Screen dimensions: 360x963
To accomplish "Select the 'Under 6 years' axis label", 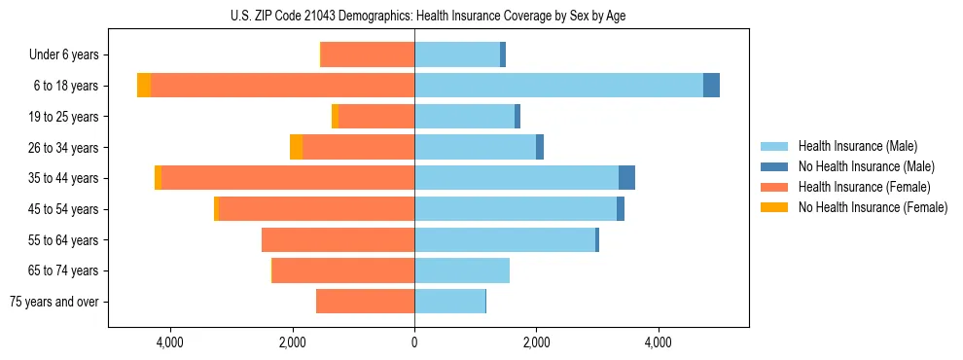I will coord(69,55).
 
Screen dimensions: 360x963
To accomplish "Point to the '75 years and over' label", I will coord(59,302).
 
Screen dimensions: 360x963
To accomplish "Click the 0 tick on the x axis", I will coord(414,342).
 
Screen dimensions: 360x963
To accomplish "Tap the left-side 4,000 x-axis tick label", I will coord(169,342).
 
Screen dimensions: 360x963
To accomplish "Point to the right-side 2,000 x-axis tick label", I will coord(536,342).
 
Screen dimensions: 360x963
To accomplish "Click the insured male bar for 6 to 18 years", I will coord(558,86).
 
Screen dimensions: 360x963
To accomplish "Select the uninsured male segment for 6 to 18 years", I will coord(711,86).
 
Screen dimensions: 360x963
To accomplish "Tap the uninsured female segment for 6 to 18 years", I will coord(144,86).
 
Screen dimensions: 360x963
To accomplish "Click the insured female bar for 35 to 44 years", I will coord(287,178).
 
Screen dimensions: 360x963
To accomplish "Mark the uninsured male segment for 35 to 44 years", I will coord(626,178).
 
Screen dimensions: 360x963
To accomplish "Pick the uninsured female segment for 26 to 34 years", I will coord(296,147).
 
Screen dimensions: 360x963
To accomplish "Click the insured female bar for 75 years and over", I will coord(365,302).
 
